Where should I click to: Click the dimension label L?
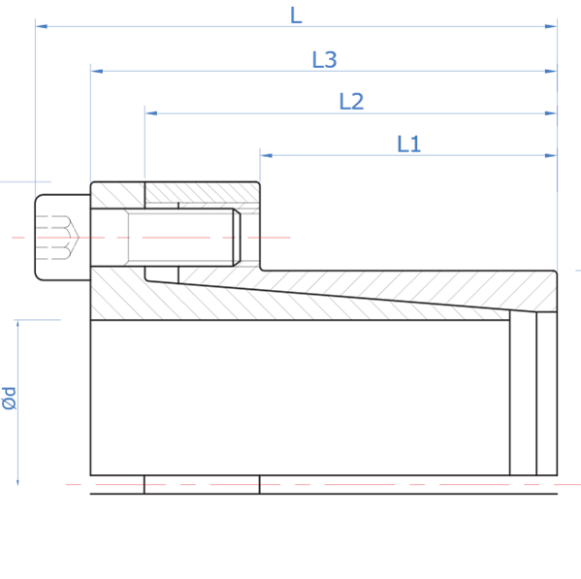pyautogui.click(x=296, y=16)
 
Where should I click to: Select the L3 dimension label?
pyautogui.click(x=324, y=59)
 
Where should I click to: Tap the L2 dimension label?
pyautogui.click(x=351, y=102)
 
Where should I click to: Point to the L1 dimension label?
pyautogui.click(x=408, y=145)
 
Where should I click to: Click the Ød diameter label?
pyautogui.click(x=9, y=399)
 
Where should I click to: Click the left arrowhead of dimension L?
pyautogui.click(x=42, y=26)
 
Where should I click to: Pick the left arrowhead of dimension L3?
pyautogui.click(x=97, y=71)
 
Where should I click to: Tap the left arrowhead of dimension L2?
pyautogui.click(x=151, y=113)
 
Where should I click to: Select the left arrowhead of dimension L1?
pyautogui.click(x=267, y=155)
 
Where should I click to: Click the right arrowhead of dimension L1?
pyautogui.click(x=551, y=155)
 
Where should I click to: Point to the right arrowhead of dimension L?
pyautogui.click(x=551, y=26)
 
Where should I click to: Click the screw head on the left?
pyautogui.click(x=63, y=238)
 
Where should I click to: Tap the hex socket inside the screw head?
pyautogui.click(x=58, y=238)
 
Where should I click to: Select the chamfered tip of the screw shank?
pyautogui.click(x=237, y=238)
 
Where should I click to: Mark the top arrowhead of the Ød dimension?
pyautogui.click(x=17, y=326)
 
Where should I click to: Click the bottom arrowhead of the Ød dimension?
pyautogui.click(x=17, y=480)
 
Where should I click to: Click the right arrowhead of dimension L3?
pyautogui.click(x=551, y=71)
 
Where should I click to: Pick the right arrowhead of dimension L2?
pyautogui.click(x=551, y=113)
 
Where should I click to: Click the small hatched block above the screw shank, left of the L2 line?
pyautogui.click(x=117, y=195)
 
